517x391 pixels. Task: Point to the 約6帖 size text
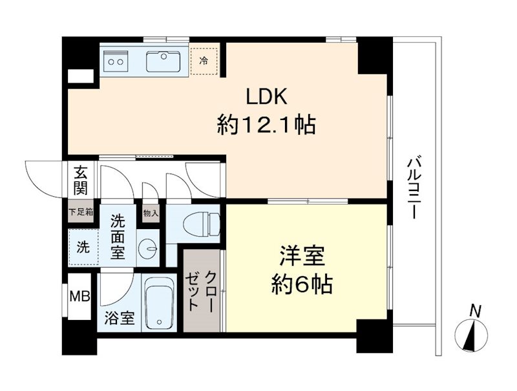point(302,284)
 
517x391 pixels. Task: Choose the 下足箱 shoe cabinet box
point(81,212)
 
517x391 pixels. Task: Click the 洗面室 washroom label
point(118,236)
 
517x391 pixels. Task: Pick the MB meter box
point(81,298)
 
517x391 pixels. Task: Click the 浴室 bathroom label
point(120,317)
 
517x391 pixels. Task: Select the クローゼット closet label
point(202,290)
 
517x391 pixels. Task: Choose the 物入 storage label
point(150,212)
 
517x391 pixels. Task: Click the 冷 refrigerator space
point(204,61)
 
